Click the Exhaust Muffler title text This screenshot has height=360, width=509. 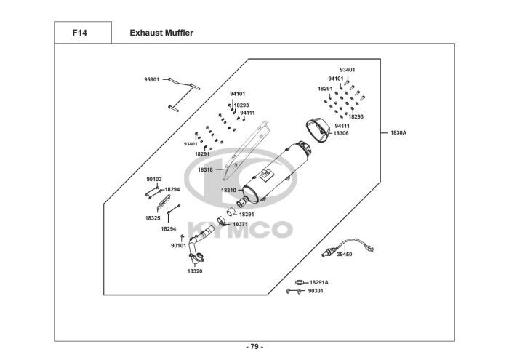point(161,33)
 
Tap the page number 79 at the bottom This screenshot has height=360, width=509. point(254,345)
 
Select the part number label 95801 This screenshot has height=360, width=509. point(152,79)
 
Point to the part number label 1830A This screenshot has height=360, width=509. point(398,133)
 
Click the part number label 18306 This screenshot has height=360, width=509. point(341,133)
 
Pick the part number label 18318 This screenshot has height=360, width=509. point(205,169)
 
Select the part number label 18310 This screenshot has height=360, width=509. point(228,191)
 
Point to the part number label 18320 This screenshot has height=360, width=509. point(194,271)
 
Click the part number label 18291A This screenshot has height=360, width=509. point(319,282)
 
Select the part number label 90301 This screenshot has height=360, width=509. point(316,292)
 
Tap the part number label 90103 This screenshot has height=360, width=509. point(154,179)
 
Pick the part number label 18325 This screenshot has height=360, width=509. point(152,217)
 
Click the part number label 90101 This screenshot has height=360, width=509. point(178,246)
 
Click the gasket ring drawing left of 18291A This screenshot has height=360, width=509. point(299,282)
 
